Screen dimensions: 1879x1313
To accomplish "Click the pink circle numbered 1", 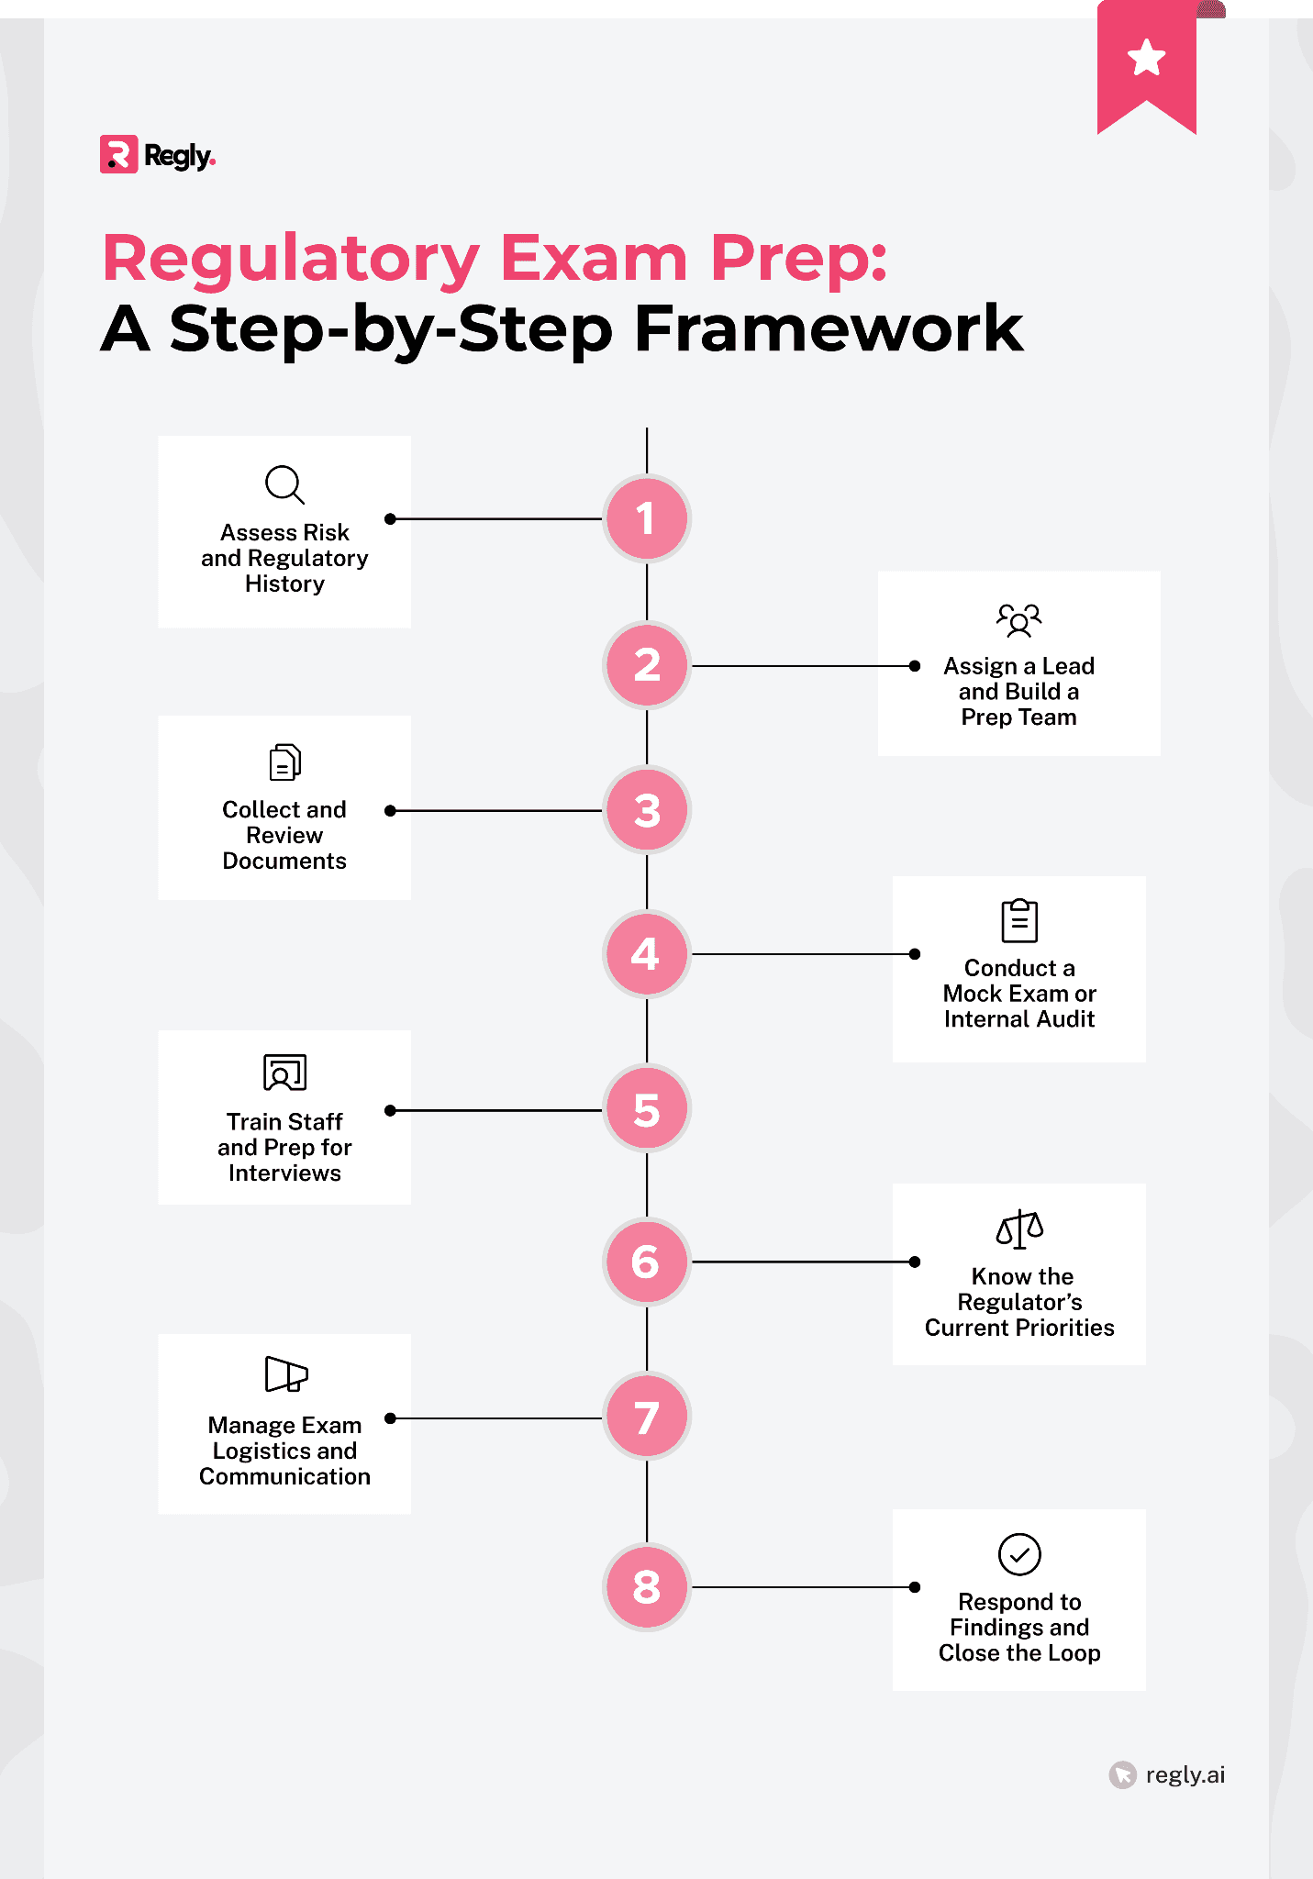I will pyautogui.click(x=646, y=518).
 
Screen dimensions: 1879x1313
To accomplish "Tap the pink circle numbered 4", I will pyautogui.click(x=646, y=954).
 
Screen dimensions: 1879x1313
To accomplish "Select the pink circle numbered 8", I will pyautogui.click(x=646, y=1586).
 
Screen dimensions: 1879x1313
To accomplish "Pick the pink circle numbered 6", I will pyautogui.click(x=646, y=1262).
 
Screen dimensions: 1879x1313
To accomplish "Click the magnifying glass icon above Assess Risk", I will pyautogui.click(x=284, y=484).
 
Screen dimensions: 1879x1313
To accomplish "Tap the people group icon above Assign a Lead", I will pyautogui.click(x=1018, y=620).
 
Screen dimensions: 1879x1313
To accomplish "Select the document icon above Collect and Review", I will pyautogui.click(x=284, y=762).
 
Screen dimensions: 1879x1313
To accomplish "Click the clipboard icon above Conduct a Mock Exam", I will pyautogui.click(x=1018, y=920).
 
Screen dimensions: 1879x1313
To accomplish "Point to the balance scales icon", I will pyautogui.click(x=1018, y=1229).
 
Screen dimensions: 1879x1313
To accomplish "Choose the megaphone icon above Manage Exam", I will pyautogui.click(x=285, y=1374).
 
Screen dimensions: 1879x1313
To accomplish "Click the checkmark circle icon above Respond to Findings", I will pyautogui.click(x=1018, y=1554).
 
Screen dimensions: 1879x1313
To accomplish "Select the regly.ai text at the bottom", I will pyautogui.click(x=1185, y=1774).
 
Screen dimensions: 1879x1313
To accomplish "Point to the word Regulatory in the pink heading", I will pyautogui.click(x=291, y=259).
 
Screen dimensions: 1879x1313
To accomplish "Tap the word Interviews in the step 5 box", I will pyautogui.click(x=284, y=1173).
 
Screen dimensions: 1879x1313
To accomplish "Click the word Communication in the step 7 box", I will pyautogui.click(x=284, y=1476).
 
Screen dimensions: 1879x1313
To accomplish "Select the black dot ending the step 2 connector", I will pyautogui.click(x=914, y=666).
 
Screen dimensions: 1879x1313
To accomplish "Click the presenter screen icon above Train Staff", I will pyautogui.click(x=284, y=1072).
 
